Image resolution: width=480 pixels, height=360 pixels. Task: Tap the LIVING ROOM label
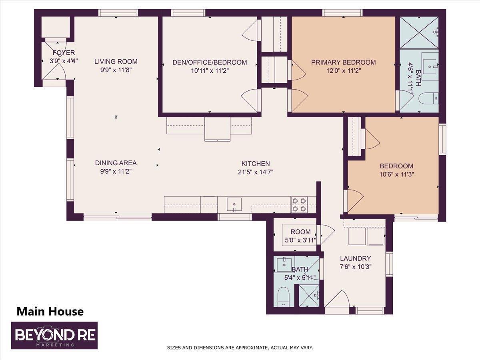point(116,62)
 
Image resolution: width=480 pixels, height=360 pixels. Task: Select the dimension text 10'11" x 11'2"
point(210,71)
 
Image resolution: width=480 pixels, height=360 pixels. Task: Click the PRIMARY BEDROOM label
point(343,62)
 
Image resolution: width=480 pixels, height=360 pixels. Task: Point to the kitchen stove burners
point(299,204)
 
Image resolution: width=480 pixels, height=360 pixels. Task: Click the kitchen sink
point(234,204)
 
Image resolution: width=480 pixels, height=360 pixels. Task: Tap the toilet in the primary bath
point(430,98)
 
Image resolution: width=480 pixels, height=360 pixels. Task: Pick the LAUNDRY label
point(355,258)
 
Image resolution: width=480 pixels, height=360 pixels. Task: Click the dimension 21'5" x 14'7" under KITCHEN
point(255,172)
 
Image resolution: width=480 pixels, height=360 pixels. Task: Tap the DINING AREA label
point(116,163)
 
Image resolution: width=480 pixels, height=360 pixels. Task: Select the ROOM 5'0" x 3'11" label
point(300,236)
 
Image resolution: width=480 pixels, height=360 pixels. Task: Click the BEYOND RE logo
point(54,335)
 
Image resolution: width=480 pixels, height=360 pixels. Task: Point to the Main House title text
point(50,311)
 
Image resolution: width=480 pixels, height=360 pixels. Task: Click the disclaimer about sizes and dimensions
point(240,348)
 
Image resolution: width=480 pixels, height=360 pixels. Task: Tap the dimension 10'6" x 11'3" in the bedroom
point(396,174)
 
